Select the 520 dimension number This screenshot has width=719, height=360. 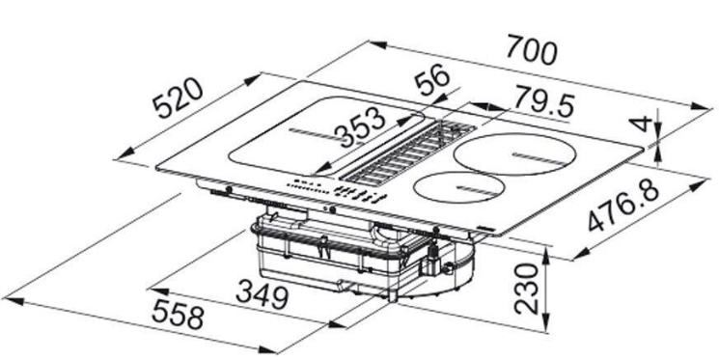178,97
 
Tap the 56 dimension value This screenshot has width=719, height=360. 432,79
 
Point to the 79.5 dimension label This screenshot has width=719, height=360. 544,101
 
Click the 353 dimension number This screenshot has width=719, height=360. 360,126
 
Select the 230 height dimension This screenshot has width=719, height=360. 526,288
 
